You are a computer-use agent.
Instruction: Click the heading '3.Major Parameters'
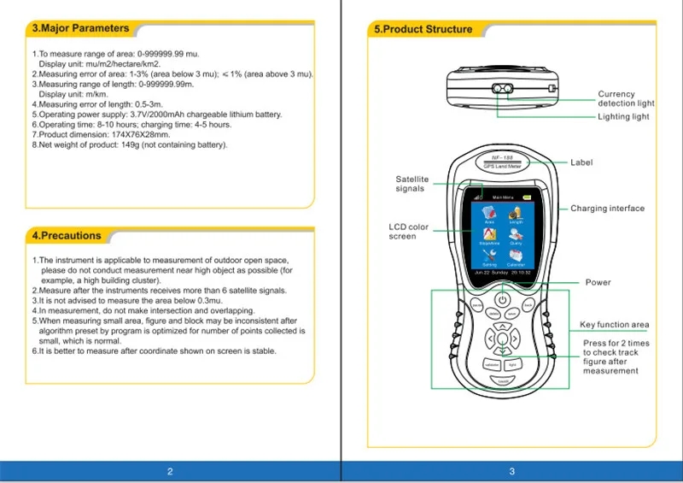(x=80, y=28)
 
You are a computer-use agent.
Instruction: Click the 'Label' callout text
(x=581, y=162)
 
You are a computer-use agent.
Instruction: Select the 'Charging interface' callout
(x=607, y=209)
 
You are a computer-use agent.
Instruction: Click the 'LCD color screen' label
(x=408, y=232)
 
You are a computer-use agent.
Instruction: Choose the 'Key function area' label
(x=615, y=325)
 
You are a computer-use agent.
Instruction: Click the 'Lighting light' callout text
(x=623, y=116)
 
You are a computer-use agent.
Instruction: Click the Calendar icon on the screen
(x=517, y=257)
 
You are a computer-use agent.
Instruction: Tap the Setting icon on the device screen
(x=489, y=257)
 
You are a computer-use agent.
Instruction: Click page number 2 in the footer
(x=170, y=471)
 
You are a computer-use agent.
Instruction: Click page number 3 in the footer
(x=511, y=471)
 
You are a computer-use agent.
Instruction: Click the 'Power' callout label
(x=598, y=283)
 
